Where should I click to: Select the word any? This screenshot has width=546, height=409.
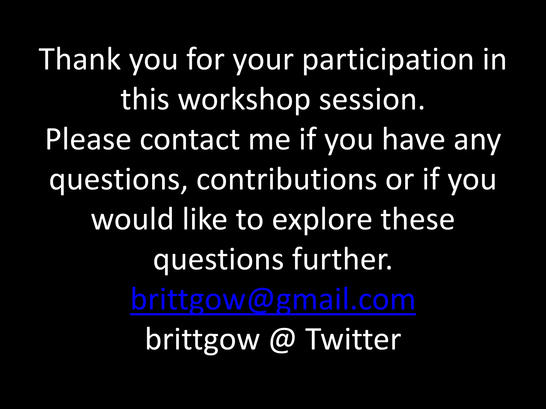click(x=477, y=142)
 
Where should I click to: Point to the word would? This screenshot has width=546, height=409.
click(x=132, y=220)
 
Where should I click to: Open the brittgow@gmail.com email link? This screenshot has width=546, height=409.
click(x=273, y=300)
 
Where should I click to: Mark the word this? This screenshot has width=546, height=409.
click(x=145, y=100)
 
